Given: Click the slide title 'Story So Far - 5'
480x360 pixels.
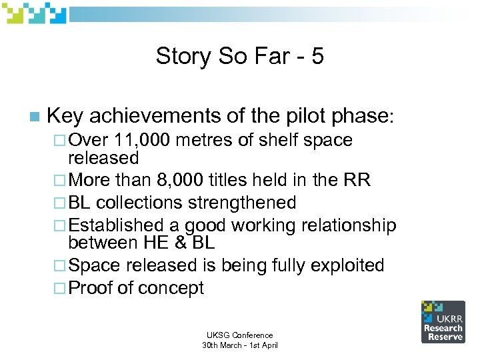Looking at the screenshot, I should (x=239, y=56).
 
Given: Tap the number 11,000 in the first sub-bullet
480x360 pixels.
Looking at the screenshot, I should (x=142, y=140).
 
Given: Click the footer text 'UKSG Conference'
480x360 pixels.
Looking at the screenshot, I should (x=239, y=335).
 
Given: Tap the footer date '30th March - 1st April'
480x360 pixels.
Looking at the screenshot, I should (x=239, y=345).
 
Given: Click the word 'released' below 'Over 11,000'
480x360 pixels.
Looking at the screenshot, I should (x=103, y=158).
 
